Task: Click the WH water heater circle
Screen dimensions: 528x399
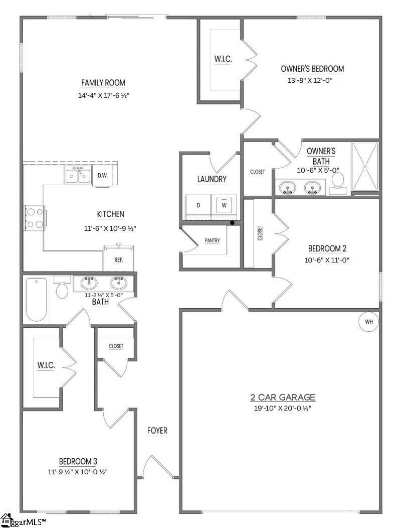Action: click(369, 322)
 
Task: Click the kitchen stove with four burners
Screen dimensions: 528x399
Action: click(34, 218)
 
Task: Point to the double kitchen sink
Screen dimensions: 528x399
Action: click(78, 175)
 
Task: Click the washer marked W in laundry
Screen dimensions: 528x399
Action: click(224, 205)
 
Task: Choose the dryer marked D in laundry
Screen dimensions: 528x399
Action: click(198, 205)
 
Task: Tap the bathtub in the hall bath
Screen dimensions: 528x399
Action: click(36, 299)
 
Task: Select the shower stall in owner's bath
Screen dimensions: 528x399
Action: click(364, 167)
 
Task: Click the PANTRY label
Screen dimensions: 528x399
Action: click(213, 240)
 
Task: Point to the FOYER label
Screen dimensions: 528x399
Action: click(157, 431)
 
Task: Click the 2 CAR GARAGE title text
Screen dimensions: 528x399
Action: click(283, 398)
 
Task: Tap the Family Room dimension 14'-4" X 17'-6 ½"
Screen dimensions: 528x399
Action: click(103, 95)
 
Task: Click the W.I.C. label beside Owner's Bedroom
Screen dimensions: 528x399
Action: click(223, 59)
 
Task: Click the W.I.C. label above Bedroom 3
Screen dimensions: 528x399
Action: click(46, 365)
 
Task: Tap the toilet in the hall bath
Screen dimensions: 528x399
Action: click(63, 288)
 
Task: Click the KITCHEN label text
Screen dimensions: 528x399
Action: click(110, 214)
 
